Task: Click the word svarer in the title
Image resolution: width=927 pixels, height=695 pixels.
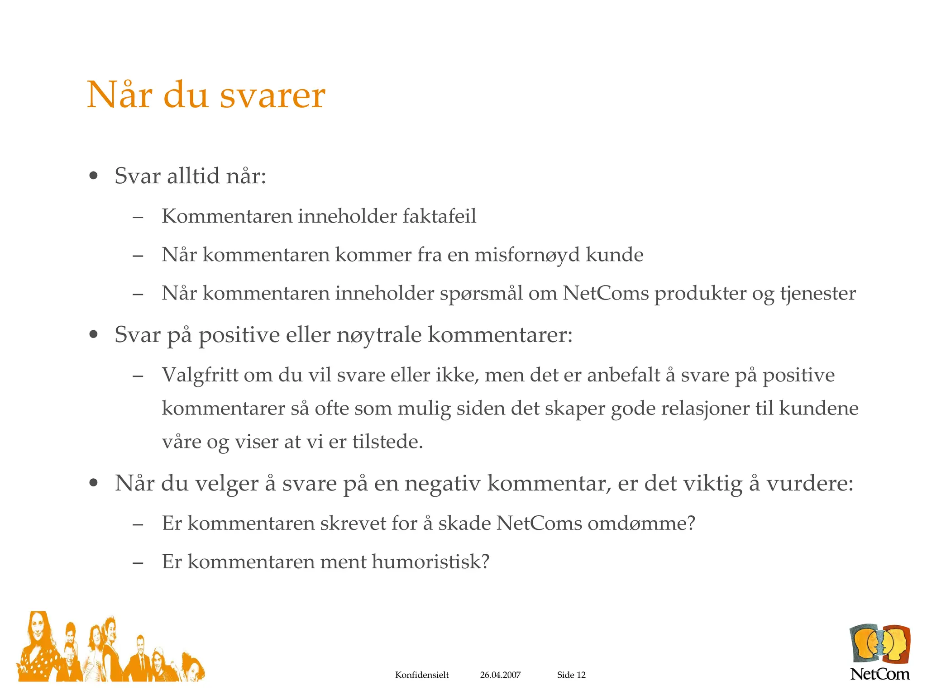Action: pyautogui.click(x=272, y=96)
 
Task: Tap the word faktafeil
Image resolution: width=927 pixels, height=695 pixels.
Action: pyautogui.click(x=439, y=216)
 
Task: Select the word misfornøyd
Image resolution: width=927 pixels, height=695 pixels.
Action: pyautogui.click(x=527, y=255)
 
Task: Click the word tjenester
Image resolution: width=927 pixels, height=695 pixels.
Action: pyautogui.click(x=817, y=294)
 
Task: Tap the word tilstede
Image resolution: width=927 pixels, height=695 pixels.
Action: pyautogui.click(x=387, y=442)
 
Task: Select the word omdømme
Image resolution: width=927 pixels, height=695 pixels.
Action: pyautogui.click(x=641, y=524)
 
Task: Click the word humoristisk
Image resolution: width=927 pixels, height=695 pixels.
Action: pyautogui.click(x=430, y=562)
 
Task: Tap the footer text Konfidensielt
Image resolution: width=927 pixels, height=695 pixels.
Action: pyautogui.click(x=422, y=675)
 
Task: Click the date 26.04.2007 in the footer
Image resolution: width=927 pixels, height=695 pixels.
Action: pyautogui.click(x=500, y=675)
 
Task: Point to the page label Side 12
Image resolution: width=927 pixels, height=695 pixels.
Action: pyautogui.click(x=571, y=675)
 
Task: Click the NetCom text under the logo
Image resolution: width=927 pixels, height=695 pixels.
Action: pyautogui.click(x=879, y=674)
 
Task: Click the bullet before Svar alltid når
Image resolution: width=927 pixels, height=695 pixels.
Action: pyautogui.click(x=94, y=176)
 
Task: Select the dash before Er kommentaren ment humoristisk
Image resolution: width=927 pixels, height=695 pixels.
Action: pyautogui.click(x=138, y=563)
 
